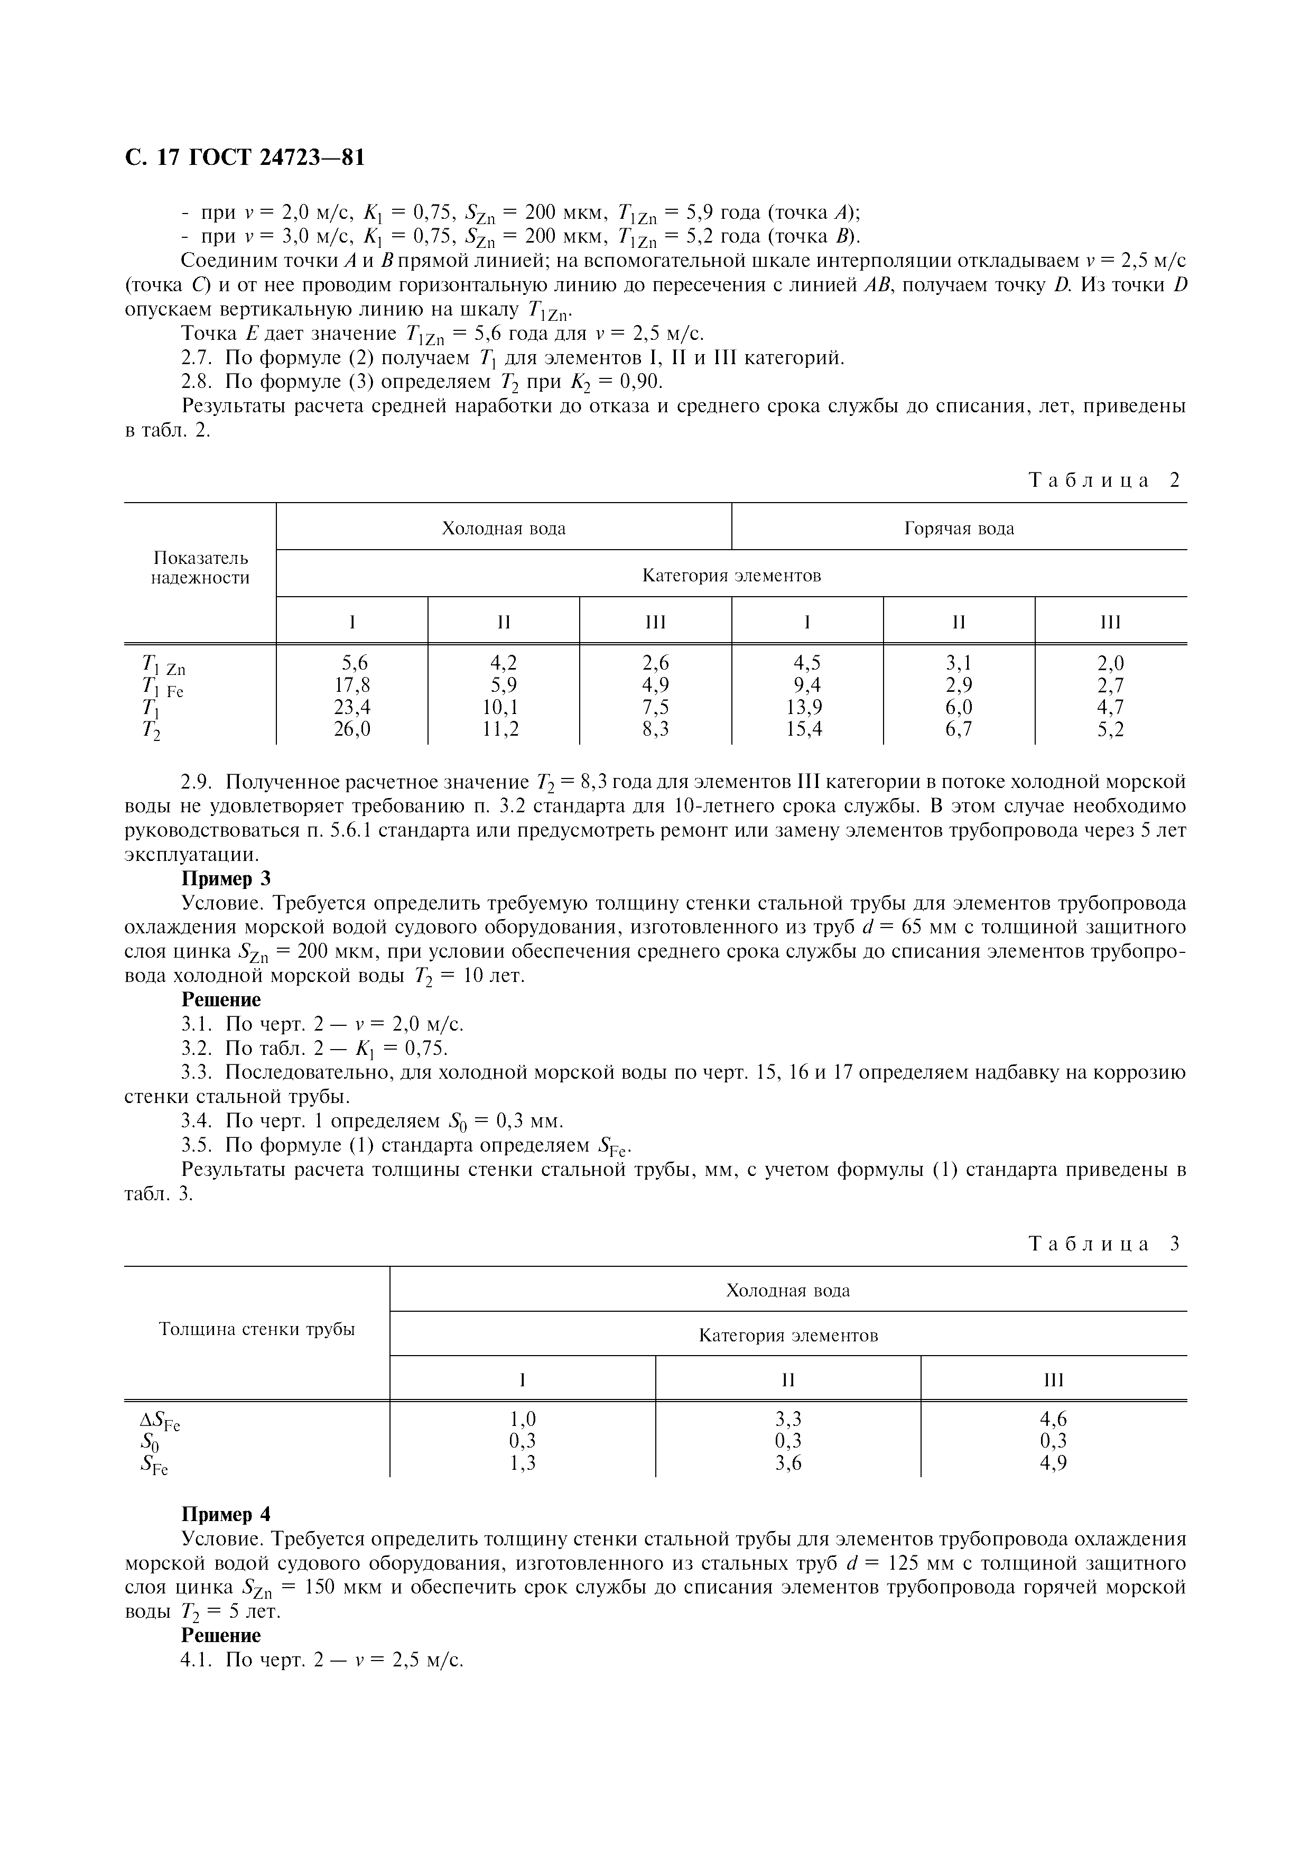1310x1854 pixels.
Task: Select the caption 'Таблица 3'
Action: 1104,1244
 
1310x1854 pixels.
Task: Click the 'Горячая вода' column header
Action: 959,529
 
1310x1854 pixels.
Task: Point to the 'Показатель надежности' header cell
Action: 200,568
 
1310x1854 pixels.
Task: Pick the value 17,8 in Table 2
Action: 352,685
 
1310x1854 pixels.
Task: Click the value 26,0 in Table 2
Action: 352,729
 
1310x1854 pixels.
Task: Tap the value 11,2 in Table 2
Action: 504,729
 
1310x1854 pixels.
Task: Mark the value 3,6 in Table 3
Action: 788,1463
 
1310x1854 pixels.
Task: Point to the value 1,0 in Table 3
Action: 523,1419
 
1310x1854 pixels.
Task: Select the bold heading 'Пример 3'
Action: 226,878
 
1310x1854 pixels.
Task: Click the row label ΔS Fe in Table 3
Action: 160,1421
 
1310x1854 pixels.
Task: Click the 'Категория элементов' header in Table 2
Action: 731,576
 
